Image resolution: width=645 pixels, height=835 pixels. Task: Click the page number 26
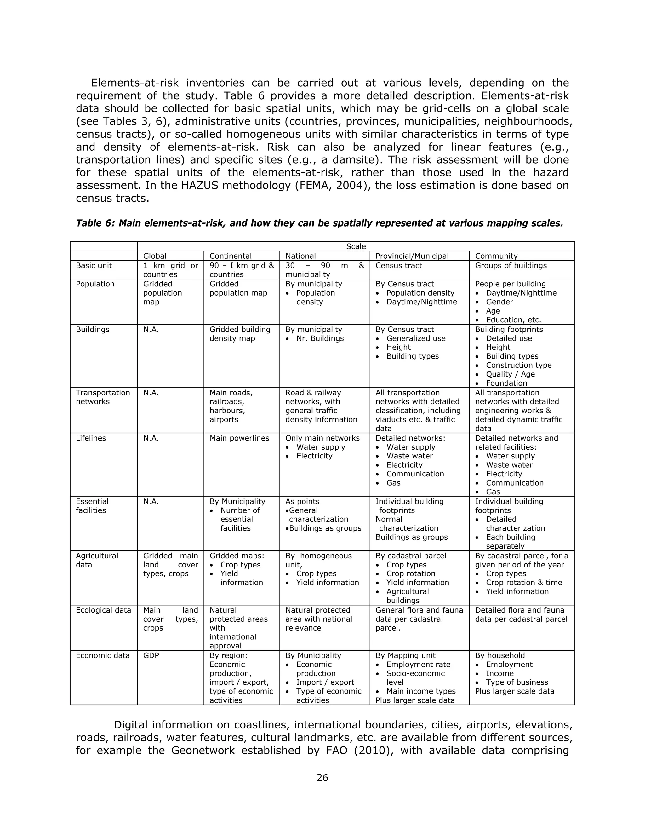click(x=322, y=777)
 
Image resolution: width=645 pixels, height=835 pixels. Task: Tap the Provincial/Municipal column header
click(x=412, y=256)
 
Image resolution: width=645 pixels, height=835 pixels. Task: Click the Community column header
click(x=496, y=256)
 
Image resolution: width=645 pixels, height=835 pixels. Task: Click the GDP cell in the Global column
click(x=151, y=656)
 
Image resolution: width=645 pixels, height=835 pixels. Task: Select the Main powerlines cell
click(x=239, y=438)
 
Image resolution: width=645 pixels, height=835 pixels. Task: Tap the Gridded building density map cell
click(x=240, y=334)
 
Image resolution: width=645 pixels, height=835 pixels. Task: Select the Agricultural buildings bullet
click(x=407, y=596)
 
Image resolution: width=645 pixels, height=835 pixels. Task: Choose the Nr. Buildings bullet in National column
click(x=320, y=338)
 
